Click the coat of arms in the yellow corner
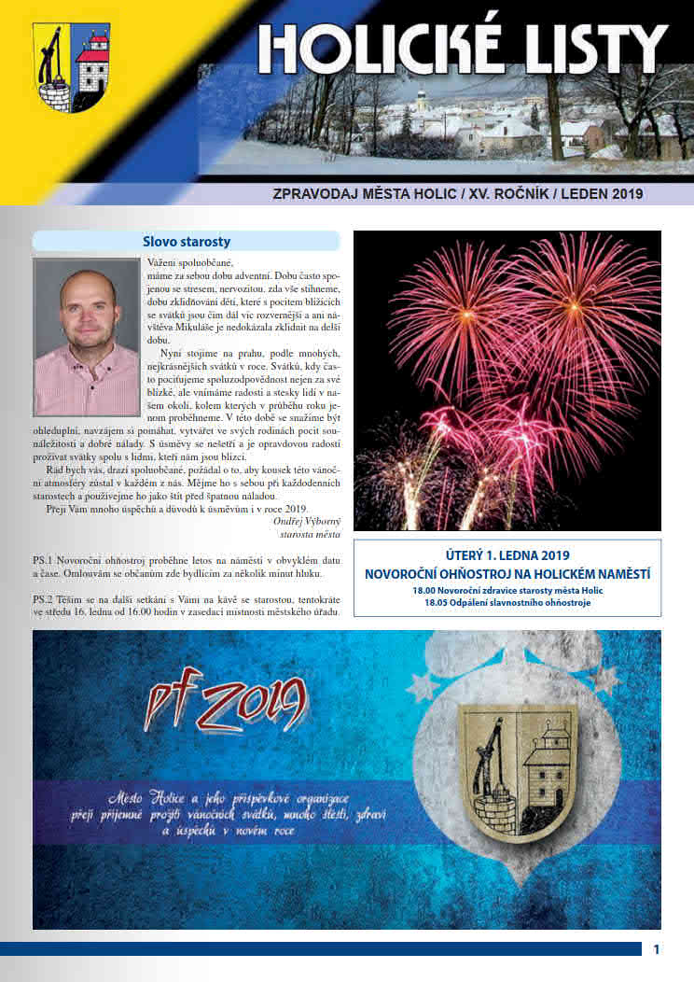click(71, 68)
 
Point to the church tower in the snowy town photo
click(421, 102)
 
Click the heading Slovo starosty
click(187, 241)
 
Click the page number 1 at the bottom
click(657, 949)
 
